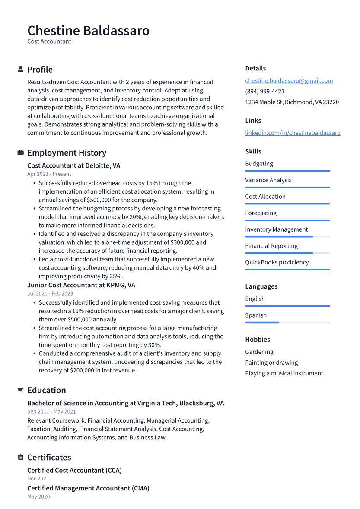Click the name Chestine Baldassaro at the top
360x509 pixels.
[88, 31]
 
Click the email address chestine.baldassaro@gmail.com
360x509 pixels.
[289, 81]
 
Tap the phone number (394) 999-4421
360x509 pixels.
[264, 91]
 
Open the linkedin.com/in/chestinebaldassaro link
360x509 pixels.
[293, 133]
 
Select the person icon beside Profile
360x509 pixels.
[20, 70]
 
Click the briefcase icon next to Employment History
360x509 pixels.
[20, 153]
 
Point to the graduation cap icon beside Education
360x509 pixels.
[20, 390]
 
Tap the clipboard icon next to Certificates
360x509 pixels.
[20, 457]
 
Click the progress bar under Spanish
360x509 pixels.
[287, 322]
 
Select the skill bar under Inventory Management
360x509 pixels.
[287, 236]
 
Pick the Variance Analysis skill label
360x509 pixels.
[268, 180]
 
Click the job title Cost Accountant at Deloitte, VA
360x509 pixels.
[73, 165]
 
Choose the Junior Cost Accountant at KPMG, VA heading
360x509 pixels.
[81, 285]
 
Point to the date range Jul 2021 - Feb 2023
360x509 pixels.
[50, 293]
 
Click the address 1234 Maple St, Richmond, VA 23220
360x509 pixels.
[292, 102]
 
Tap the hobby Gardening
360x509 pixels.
[259, 352]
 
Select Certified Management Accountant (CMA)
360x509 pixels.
[88, 488]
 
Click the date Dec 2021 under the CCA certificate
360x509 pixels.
[38, 479]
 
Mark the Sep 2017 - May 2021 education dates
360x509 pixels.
[51, 411]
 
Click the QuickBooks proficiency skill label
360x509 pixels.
[277, 262]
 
